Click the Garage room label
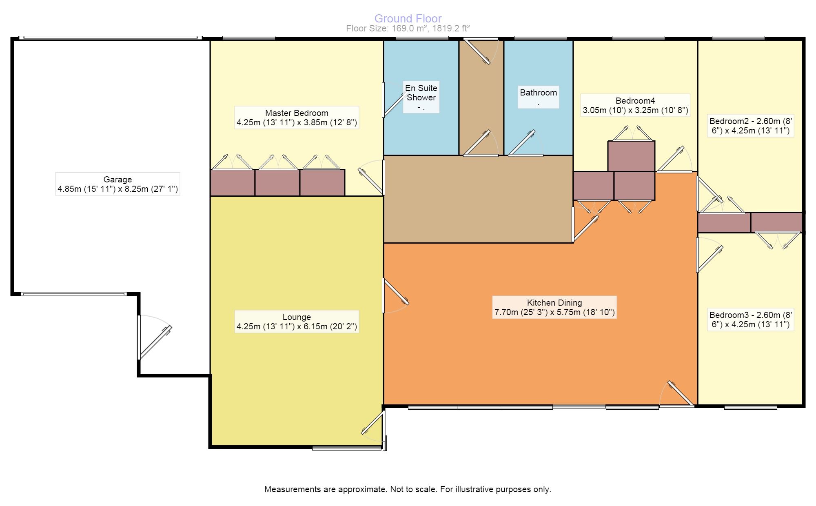(x=118, y=184)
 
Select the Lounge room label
(x=297, y=322)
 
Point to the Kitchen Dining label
(x=554, y=307)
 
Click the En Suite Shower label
(x=421, y=98)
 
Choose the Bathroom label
(x=538, y=97)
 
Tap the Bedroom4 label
(x=635, y=105)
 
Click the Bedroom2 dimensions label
(x=750, y=126)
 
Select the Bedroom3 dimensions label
(x=750, y=320)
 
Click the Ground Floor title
(x=408, y=18)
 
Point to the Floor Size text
(x=408, y=29)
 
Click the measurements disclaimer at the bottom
(x=408, y=489)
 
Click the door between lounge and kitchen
(x=395, y=295)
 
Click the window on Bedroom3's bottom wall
(x=751, y=406)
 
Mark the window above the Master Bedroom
(x=249, y=38)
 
